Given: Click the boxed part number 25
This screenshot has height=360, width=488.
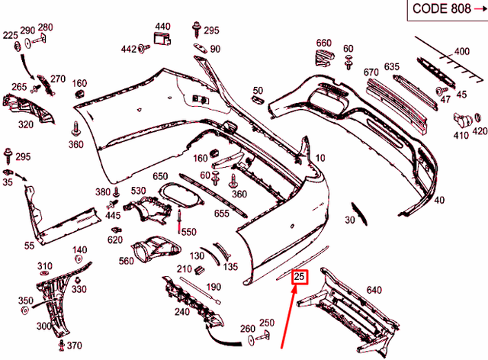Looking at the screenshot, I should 300,277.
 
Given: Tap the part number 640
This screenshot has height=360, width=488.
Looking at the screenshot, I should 374,290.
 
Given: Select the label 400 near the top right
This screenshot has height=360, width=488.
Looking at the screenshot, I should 462,52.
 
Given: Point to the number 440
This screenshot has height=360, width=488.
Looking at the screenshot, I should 163,27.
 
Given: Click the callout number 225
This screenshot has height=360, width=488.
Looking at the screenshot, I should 10,36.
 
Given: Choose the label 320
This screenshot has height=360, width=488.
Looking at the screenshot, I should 25,124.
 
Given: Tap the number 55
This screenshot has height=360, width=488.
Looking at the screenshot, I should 30,246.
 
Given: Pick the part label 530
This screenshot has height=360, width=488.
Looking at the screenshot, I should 138,191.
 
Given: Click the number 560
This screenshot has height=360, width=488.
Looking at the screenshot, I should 127,261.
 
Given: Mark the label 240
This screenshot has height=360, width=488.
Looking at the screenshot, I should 182,311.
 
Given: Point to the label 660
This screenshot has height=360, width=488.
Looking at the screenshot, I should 324,43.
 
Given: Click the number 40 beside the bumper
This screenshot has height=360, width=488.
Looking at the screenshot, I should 438,201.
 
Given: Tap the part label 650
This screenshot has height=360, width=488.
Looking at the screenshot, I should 160,177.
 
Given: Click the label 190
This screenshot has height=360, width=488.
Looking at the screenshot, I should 214,287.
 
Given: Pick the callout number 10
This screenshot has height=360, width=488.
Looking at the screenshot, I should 320,158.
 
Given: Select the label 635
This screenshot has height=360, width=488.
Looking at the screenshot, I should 392,67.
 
